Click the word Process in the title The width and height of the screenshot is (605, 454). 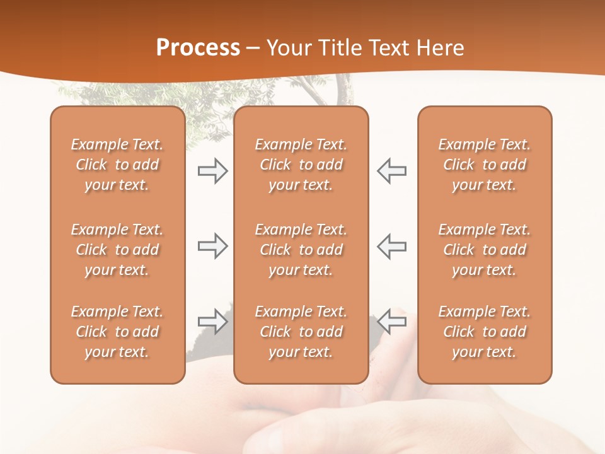pyautogui.click(x=198, y=48)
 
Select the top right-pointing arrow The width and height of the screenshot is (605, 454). pyautogui.click(x=212, y=171)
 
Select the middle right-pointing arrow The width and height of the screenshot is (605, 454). pyautogui.click(x=212, y=246)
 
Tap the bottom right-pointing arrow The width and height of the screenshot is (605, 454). pyautogui.click(x=212, y=322)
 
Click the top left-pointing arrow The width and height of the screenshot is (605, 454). pyautogui.click(x=392, y=171)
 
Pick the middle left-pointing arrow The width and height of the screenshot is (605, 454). pyautogui.click(x=392, y=246)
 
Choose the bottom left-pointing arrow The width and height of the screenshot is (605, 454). pyautogui.click(x=392, y=322)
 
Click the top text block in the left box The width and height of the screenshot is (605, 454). pyautogui.click(x=117, y=165)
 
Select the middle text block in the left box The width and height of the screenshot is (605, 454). pyautogui.click(x=117, y=250)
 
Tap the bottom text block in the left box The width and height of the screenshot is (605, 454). pyautogui.click(x=117, y=332)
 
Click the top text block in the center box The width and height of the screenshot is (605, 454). pyautogui.click(x=301, y=165)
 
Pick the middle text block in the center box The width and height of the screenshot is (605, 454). pyautogui.click(x=301, y=250)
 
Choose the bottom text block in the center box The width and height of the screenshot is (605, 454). pyautogui.click(x=301, y=332)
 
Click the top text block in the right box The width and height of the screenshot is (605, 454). pyautogui.click(x=485, y=165)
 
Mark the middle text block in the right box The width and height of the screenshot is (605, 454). pyautogui.click(x=485, y=250)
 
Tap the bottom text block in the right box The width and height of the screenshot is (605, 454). pyautogui.click(x=485, y=332)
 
